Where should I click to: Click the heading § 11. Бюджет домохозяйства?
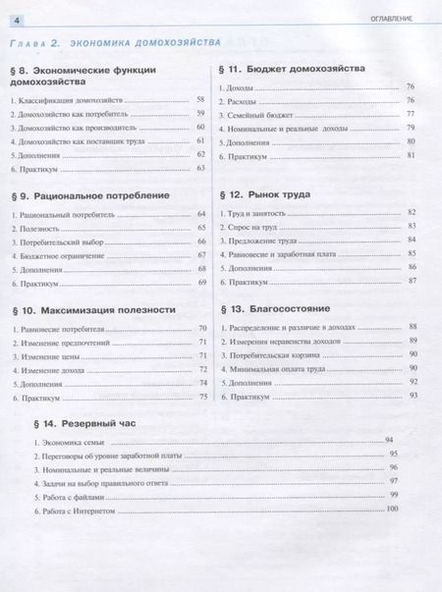[291, 70]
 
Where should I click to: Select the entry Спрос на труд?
[252, 227]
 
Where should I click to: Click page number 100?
[393, 508]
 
